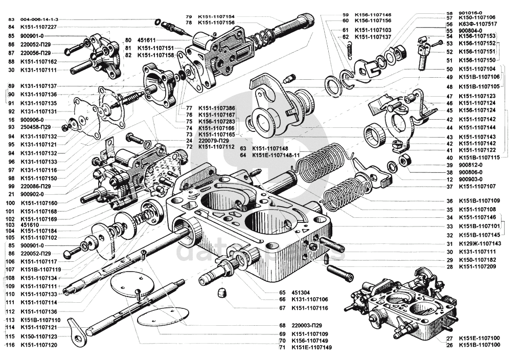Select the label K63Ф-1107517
click(478, 24)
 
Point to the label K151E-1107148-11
click(276, 155)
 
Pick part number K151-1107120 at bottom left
click(39, 345)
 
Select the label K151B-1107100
click(480, 345)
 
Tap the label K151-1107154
click(216, 16)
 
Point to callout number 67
click(282, 308)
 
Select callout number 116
click(10, 345)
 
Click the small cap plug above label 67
click(222, 294)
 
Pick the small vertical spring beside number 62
click(350, 49)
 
